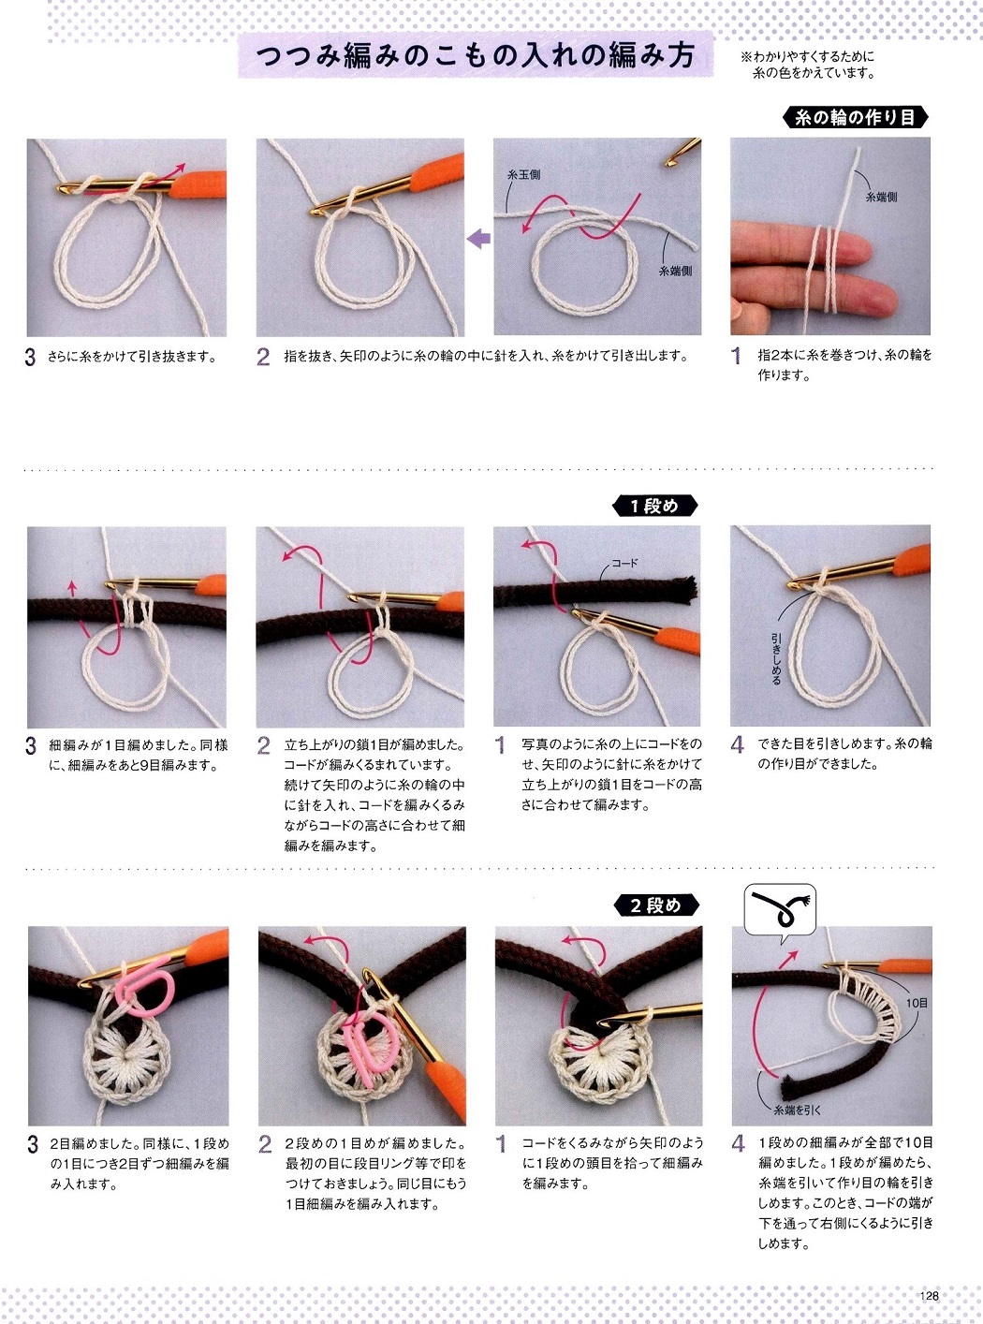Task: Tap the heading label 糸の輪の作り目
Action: click(x=855, y=118)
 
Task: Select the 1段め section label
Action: click(x=654, y=507)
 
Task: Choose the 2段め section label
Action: click(x=656, y=905)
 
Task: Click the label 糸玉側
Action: click(x=524, y=174)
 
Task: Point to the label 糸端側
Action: click(x=675, y=271)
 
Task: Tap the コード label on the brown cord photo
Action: click(x=624, y=563)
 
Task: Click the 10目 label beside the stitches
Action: click(x=917, y=1003)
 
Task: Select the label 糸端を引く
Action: click(x=798, y=1111)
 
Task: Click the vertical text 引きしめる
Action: click(x=776, y=659)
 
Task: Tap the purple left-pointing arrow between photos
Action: click(x=478, y=240)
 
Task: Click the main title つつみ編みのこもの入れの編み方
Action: click(x=476, y=57)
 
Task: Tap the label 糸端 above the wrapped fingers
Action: click(x=880, y=197)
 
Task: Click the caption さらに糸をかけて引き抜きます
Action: click(x=132, y=357)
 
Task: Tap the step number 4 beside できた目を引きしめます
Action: click(x=737, y=744)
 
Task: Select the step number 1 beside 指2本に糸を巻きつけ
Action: click(x=736, y=357)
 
